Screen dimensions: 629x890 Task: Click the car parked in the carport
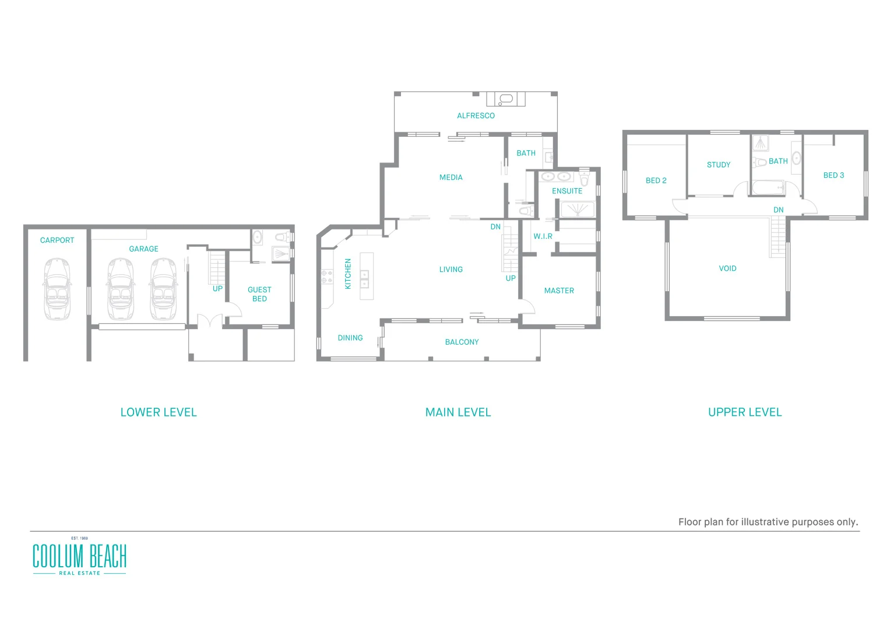57,289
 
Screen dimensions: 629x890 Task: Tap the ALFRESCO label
476,116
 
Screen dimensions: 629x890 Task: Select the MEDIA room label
451,178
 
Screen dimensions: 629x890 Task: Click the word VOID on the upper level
727,268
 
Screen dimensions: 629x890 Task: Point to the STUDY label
718,165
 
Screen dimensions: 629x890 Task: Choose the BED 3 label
833,175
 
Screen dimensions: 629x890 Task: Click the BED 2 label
656,181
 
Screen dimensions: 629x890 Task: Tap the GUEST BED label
259,294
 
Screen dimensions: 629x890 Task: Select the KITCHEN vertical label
348,274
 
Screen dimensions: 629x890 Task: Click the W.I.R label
543,236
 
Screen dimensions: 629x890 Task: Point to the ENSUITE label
567,191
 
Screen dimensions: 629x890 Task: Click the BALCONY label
462,342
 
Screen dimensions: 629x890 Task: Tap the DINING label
350,338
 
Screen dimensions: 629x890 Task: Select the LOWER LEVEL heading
159,412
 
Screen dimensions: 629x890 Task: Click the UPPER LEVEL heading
744,412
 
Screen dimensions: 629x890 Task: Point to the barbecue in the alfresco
506,99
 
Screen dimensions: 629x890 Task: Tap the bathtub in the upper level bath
768,188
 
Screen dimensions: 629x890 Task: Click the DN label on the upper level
778,210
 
